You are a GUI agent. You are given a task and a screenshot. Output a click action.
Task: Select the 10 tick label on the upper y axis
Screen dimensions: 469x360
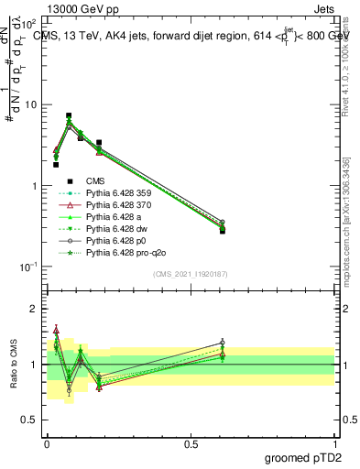coord(30,104)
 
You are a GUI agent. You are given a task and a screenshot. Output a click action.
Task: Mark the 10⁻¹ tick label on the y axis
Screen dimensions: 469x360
coord(28,267)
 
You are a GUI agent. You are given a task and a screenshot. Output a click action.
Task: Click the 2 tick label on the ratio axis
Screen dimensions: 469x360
coord(33,309)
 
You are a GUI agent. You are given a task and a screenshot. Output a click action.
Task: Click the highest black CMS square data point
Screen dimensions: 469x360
coord(69,116)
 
